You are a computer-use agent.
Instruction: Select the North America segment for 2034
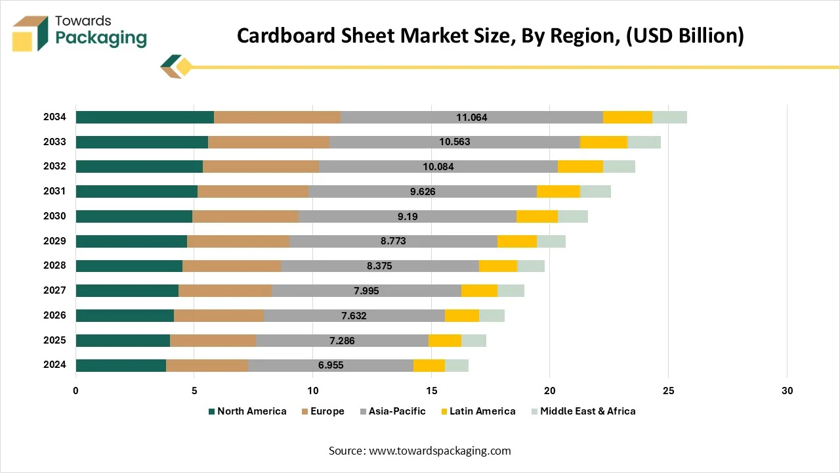click(145, 118)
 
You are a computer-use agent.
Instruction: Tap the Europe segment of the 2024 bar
click(207, 365)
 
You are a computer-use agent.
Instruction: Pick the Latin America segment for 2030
click(537, 217)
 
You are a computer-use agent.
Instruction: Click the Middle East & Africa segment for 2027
click(511, 290)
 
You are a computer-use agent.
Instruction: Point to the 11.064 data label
click(472, 118)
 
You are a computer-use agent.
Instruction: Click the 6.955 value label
click(330, 365)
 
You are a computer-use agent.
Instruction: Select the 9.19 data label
click(408, 217)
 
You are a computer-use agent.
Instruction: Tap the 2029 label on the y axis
click(55, 241)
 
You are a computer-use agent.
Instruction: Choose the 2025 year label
click(55, 340)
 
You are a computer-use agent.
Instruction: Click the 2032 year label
click(55, 167)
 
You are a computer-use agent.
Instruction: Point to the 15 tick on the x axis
click(431, 391)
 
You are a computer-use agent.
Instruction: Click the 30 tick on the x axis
click(787, 391)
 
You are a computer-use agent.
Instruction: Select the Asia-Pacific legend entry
click(392, 411)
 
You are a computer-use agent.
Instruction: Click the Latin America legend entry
click(478, 411)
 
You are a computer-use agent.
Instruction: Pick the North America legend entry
click(247, 411)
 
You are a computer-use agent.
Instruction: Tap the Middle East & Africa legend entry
click(583, 411)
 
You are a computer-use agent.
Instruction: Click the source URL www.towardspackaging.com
click(440, 451)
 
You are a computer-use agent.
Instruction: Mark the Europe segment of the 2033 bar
click(268, 142)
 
